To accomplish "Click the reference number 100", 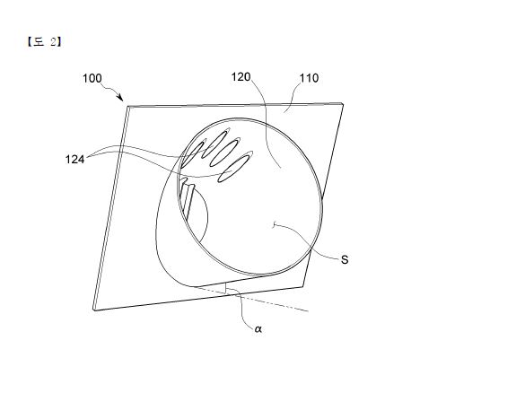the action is click(x=92, y=78).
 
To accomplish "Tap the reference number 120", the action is click(x=241, y=77).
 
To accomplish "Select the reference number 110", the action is click(x=309, y=78).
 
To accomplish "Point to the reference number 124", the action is click(x=74, y=160).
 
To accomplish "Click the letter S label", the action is click(x=345, y=259).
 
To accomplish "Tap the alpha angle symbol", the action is click(x=258, y=329).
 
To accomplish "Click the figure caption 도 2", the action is click(x=44, y=42).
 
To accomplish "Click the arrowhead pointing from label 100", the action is click(x=120, y=98).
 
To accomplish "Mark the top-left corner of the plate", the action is click(x=127, y=107).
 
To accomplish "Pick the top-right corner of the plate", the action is click(x=343, y=103).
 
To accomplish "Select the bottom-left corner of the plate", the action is click(x=94, y=310).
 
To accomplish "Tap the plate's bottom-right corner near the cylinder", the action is click(x=303, y=287).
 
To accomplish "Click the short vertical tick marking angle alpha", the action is click(x=226, y=288).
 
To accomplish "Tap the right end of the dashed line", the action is click(x=308, y=311).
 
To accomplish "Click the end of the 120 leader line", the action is click(x=281, y=168).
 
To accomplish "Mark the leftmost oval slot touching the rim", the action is click(x=192, y=154).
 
